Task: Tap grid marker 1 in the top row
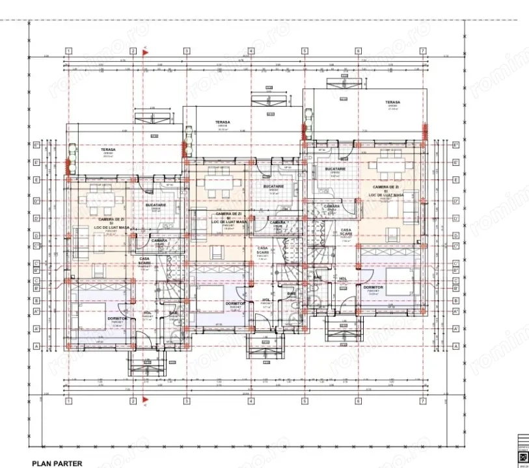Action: [x=68, y=51]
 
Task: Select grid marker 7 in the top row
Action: [x=422, y=51]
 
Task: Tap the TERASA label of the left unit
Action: [x=108, y=149]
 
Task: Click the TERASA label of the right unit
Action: [x=392, y=102]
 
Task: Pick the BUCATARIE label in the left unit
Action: [x=156, y=205]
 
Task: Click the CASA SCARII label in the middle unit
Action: [x=263, y=250]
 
